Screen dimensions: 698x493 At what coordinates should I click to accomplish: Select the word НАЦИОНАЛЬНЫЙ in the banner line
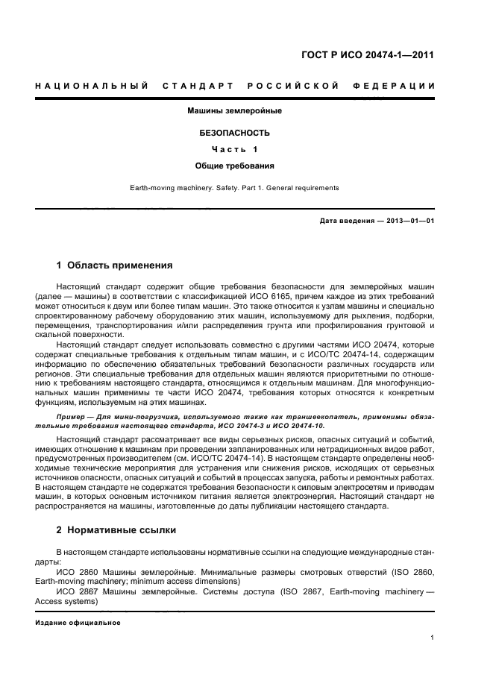click(x=91, y=86)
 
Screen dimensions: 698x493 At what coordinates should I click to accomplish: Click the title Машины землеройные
click(x=234, y=111)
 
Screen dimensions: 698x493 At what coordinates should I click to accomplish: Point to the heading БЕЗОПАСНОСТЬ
click(x=234, y=133)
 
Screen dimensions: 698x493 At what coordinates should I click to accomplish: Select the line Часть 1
click(x=234, y=149)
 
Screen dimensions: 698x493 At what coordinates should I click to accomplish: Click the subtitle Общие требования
click(x=234, y=166)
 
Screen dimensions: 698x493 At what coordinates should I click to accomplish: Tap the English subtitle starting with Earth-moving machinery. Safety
click(x=234, y=188)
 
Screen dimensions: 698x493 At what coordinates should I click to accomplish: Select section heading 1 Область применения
click(x=115, y=265)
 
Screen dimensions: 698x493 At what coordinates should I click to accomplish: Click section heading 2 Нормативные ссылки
click(x=116, y=530)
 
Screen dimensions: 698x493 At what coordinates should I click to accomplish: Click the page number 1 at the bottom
click(x=433, y=638)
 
